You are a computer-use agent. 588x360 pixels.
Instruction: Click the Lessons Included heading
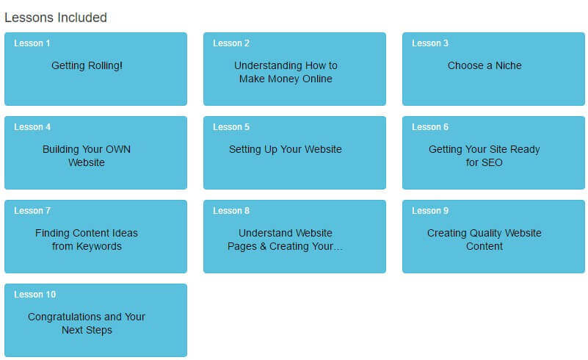(x=56, y=18)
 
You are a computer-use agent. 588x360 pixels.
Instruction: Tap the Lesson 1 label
(x=32, y=43)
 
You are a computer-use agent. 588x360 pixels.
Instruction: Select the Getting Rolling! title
(x=87, y=65)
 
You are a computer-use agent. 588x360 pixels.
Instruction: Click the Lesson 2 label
(x=231, y=43)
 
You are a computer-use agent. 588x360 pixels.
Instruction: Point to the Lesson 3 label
(x=429, y=43)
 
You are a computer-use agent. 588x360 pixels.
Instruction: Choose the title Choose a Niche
(x=484, y=65)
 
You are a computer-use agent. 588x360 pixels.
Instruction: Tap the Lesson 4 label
(x=32, y=127)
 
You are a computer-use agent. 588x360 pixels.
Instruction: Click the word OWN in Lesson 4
(x=118, y=149)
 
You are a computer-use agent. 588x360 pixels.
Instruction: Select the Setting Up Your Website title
(x=286, y=149)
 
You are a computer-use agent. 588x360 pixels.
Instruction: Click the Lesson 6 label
(x=429, y=127)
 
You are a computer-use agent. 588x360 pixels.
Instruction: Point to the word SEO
(x=492, y=162)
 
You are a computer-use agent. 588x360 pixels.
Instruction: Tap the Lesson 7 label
(x=32, y=211)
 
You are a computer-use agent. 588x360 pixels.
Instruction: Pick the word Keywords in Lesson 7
(x=98, y=246)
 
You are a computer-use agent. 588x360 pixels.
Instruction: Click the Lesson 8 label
(x=231, y=211)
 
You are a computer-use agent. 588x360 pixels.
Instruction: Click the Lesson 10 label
(x=35, y=295)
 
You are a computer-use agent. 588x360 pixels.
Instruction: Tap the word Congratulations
(x=65, y=317)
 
